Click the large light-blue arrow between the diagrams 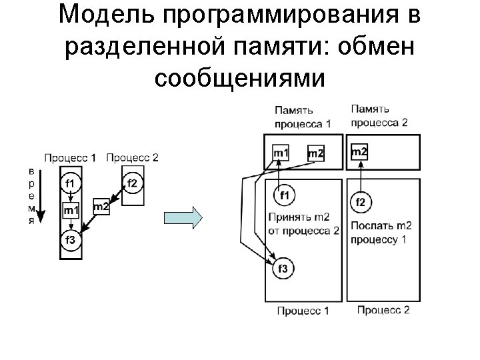[x=182, y=217]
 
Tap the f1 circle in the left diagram [x=70, y=182]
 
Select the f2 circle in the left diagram [x=132, y=183]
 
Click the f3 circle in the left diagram [x=70, y=240]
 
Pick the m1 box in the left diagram [x=71, y=211]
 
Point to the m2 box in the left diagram [x=101, y=207]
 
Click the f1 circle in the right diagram [x=284, y=195]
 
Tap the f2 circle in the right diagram [x=360, y=201]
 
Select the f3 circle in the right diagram [x=283, y=269]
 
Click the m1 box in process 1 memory [x=281, y=153]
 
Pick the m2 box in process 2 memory [x=359, y=153]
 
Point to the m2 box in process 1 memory [x=315, y=154]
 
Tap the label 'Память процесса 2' [x=379, y=115]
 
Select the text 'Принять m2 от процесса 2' [x=303, y=223]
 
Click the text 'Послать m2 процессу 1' [x=378, y=232]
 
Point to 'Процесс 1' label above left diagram [x=70, y=158]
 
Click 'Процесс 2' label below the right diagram [x=383, y=309]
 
